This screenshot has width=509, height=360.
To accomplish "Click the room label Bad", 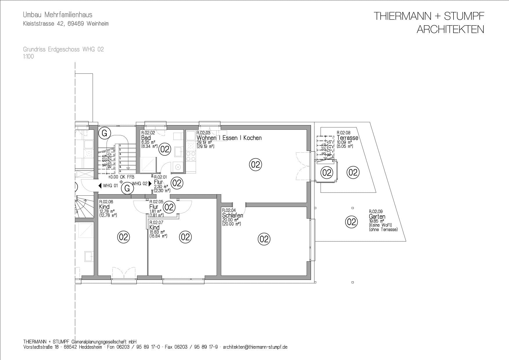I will [x=146, y=138].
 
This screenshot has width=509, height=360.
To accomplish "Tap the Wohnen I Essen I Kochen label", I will [x=229, y=138].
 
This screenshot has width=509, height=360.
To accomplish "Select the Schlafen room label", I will [x=232, y=215].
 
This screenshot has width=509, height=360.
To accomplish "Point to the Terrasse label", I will [x=347, y=138].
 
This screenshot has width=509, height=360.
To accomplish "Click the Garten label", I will [x=377, y=217].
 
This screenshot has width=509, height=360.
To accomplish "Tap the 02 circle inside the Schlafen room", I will [x=264, y=239].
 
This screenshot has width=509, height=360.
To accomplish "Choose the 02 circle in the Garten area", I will [x=351, y=222].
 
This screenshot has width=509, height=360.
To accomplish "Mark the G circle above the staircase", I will [x=105, y=133].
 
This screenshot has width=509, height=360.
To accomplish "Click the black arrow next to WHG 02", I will [x=150, y=183].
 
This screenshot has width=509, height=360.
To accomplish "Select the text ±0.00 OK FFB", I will [x=121, y=177].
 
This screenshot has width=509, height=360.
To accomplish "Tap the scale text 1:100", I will [x=28, y=57].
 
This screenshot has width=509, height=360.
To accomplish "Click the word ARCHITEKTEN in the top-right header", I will [x=450, y=30].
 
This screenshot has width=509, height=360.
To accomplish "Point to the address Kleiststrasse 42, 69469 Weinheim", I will [x=66, y=24].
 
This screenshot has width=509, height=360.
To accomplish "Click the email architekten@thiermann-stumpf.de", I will [x=255, y=347].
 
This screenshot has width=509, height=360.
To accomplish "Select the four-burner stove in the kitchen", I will [x=190, y=156].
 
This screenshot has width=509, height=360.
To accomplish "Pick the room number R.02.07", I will [x=156, y=222].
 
